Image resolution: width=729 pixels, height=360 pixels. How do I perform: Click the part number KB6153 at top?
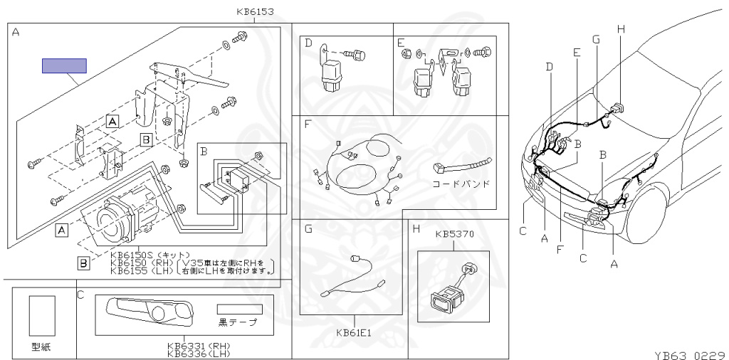[x=254, y=11]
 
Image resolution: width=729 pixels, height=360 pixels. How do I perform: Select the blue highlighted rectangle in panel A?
[x=64, y=66]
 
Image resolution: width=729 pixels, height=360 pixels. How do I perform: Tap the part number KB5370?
[x=454, y=233]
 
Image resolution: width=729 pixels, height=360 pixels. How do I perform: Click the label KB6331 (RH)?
[x=199, y=346]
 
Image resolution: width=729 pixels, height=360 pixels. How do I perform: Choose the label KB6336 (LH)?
[x=199, y=353]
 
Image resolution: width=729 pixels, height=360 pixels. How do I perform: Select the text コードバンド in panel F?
[x=461, y=184]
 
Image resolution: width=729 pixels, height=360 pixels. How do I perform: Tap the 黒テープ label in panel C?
[x=238, y=322]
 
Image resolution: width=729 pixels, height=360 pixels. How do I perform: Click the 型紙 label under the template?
[x=41, y=347]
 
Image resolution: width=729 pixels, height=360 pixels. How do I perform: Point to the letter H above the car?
[x=620, y=28]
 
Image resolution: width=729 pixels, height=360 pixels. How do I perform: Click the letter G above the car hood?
[x=595, y=38]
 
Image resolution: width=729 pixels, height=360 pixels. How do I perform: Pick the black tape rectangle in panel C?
[x=240, y=310]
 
